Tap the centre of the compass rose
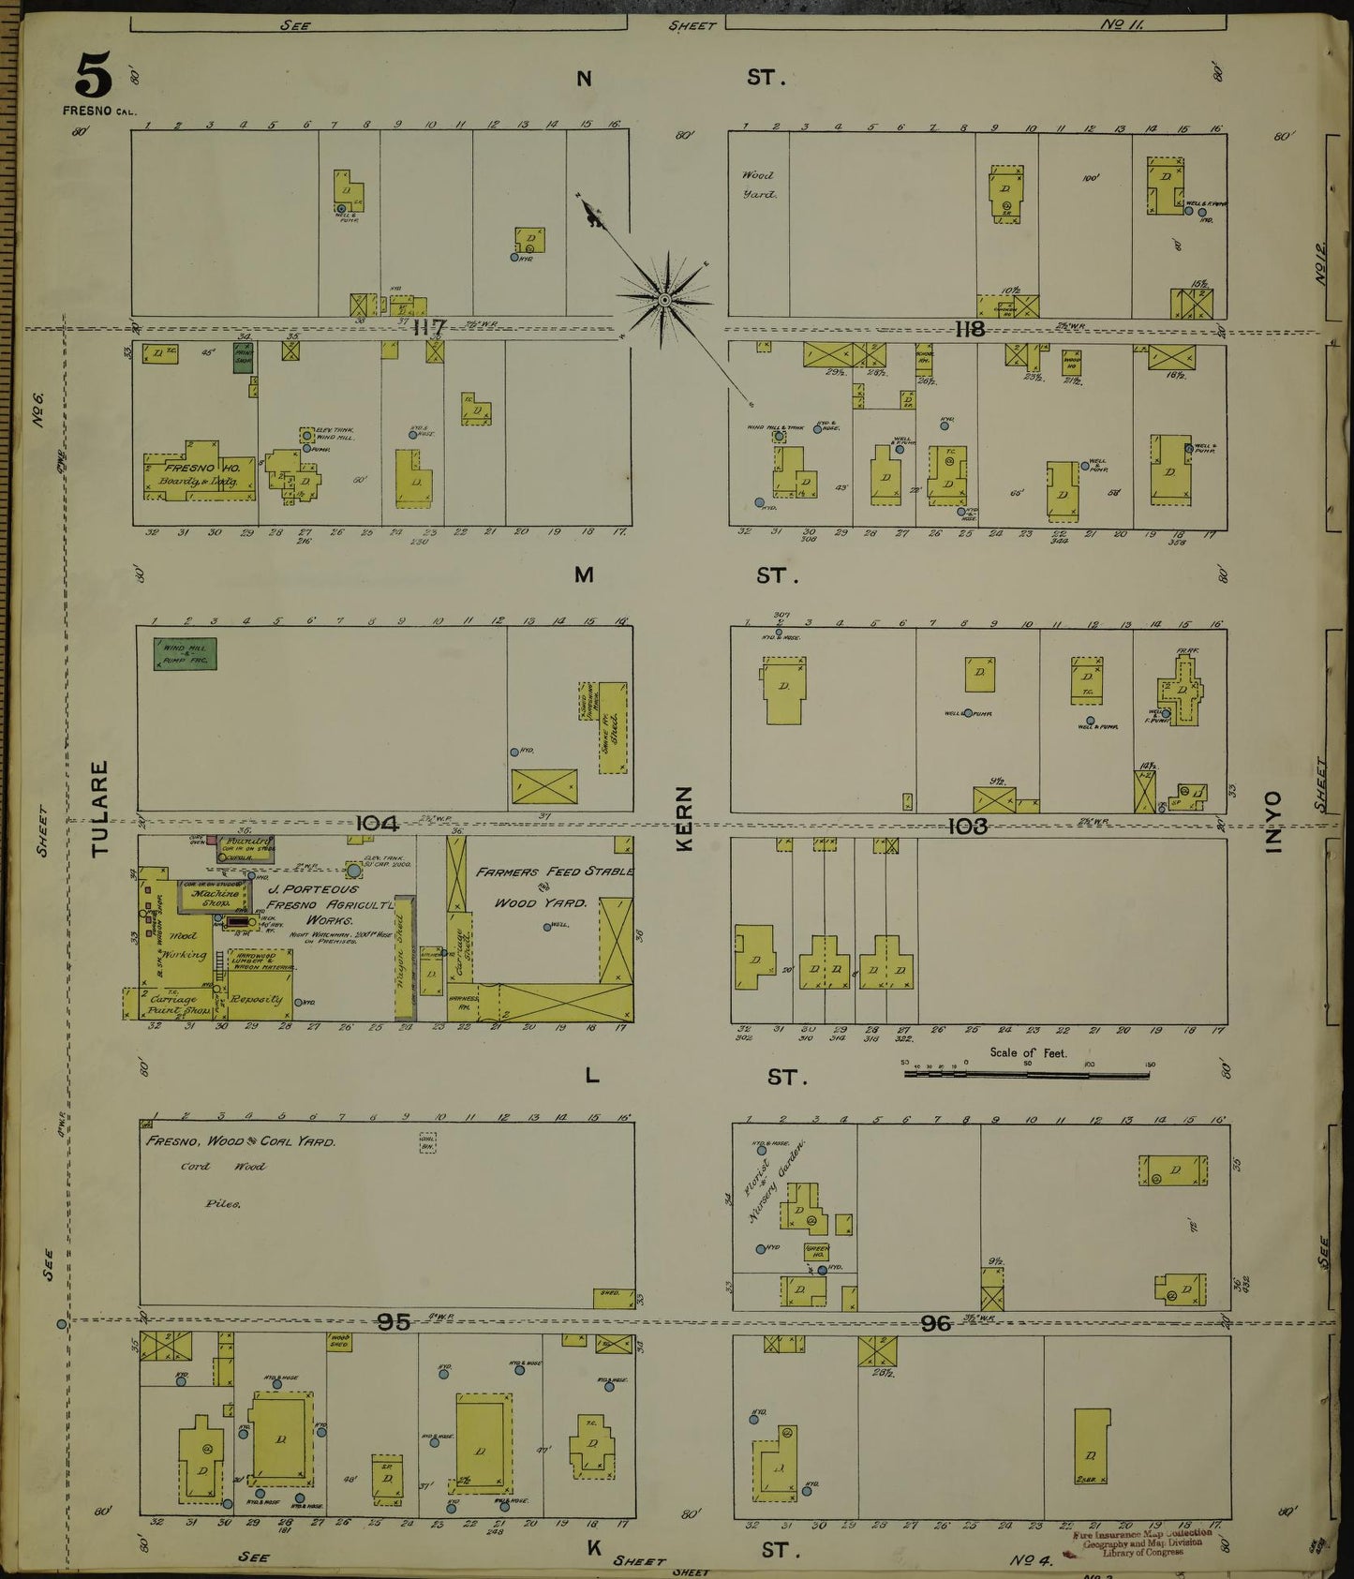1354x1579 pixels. click(x=663, y=300)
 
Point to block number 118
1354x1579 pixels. click(x=969, y=329)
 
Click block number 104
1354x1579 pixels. click(x=378, y=824)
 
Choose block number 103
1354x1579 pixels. click(x=967, y=826)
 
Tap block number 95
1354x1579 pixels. click(x=394, y=1321)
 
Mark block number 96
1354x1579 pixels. click(x=935, y=1322)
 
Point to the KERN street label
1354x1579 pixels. click(x=685, y=818)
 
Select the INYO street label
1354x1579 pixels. click(x=1272, y=822)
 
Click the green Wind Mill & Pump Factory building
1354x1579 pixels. click(x=185, y=654)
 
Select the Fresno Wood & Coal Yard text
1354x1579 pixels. click(x=240, y=1142)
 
